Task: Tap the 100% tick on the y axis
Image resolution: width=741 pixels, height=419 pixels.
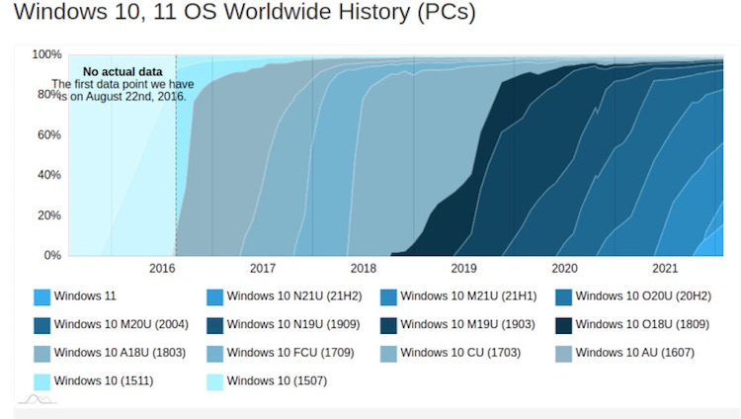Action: pos(46,54)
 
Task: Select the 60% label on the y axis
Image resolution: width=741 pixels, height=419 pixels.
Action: pos(49,135)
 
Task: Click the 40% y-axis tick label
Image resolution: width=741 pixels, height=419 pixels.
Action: pos(49,175)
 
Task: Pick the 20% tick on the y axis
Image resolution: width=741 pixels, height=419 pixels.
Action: pos(49,215)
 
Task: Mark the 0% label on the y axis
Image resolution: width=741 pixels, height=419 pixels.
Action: pos(52,255)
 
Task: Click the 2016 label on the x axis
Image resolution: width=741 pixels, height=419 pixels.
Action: pos(161,269)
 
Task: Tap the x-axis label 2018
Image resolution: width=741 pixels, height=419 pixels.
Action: pos(363,269)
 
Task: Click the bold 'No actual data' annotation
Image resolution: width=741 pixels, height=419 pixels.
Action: pos(122,72)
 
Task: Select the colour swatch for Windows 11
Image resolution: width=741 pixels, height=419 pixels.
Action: pos(41,296)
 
